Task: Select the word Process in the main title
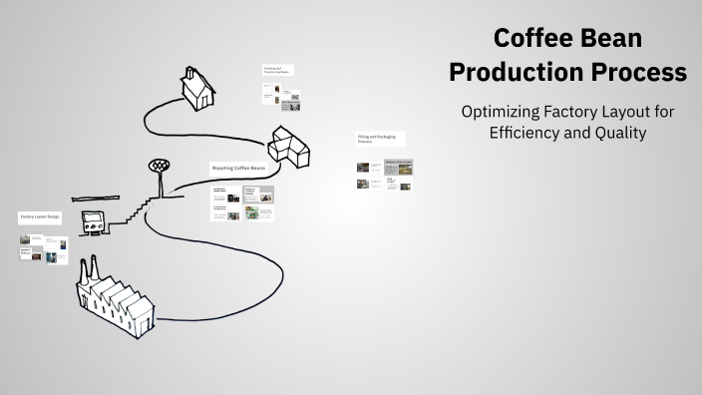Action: [x=643, y=73]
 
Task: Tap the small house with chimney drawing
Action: [x=197, y=89]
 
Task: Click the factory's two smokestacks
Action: [x=87, y=267]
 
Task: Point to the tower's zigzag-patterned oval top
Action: [x=157, y=164]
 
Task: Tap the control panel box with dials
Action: [x=96, y=223]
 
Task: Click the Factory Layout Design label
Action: [x=40, y=216]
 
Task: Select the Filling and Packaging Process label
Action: [x=375, y=139]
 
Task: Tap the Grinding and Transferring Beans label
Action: [x=277, y=70]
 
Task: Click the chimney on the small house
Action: [x=188, y=72]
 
